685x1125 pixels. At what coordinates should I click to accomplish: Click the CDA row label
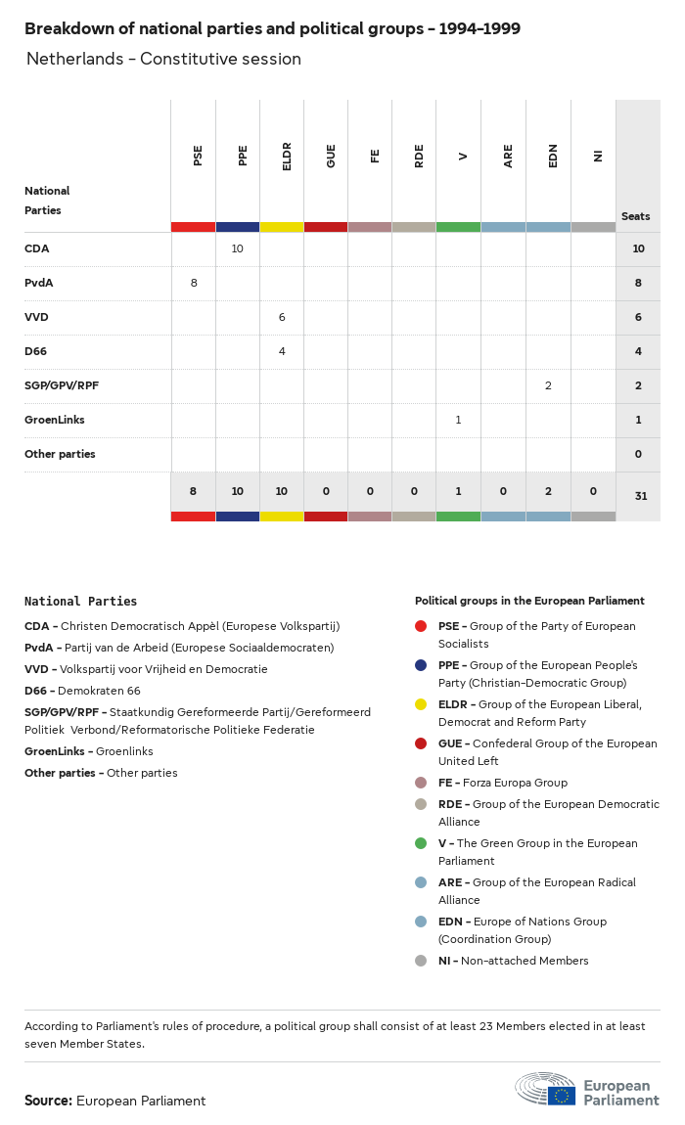pyautogui.click(x=37, y=248)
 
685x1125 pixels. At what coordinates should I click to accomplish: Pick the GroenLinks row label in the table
pyautogui.click(x=55, y=420)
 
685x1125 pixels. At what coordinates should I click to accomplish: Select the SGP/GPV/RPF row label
pyautogui.click(x=62, y=385)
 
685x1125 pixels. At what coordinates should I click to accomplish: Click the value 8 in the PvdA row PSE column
pyautogui.click(x=194, y=283)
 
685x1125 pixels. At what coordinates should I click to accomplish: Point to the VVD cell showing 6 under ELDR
pyautogui.click(x=282, y=317)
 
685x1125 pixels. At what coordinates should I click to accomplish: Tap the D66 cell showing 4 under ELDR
pyautogui.click(x=282, y=351)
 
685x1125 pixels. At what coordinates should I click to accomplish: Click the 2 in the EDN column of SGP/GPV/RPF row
pyautogui.click(x=548, y=385)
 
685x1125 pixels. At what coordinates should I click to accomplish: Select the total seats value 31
pyautogui.click(x=640, y=496)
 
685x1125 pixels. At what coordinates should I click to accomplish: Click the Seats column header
pyautogui.click(x=635, y=216)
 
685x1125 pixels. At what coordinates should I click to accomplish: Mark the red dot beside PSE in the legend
pyautogui.click(x=421, y=626)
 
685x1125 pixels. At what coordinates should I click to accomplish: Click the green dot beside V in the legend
pyautogui.click(x=421, y=843)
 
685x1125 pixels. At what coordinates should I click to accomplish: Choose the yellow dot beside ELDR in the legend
pyautogui.click(x=421, y=704)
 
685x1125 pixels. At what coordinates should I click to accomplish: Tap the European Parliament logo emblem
pyautogui.click(x=545, y=1089)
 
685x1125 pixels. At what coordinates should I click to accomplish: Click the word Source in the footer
pyautogui.click(x=47, y=1101)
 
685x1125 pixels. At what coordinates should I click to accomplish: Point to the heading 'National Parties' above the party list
pyautogui.click(x=80, y=602)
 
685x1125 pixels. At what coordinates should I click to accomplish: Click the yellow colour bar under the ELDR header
pyautogui.click(x=282, y=227)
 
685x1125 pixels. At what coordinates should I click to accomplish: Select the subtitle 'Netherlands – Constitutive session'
pyautogui.click(x=163, y=59)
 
